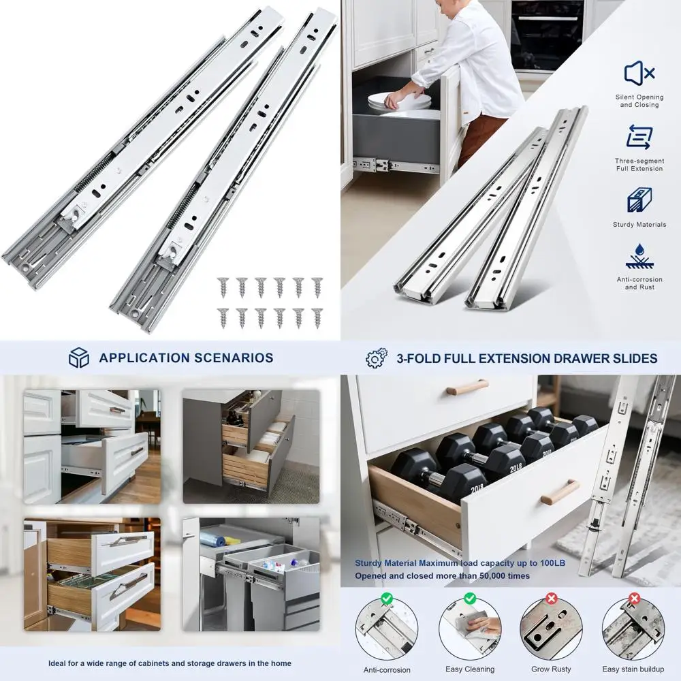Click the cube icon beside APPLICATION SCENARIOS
point(79,358)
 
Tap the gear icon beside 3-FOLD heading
point(376,358)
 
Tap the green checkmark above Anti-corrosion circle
point(386,599)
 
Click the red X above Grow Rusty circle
point(552,599)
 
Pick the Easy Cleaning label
point(470,669)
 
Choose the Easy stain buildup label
point(633,669)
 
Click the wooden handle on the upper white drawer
point(467,387)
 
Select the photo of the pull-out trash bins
point(251,573)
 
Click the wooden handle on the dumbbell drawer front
point(560,491)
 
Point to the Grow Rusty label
point(552,669)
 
